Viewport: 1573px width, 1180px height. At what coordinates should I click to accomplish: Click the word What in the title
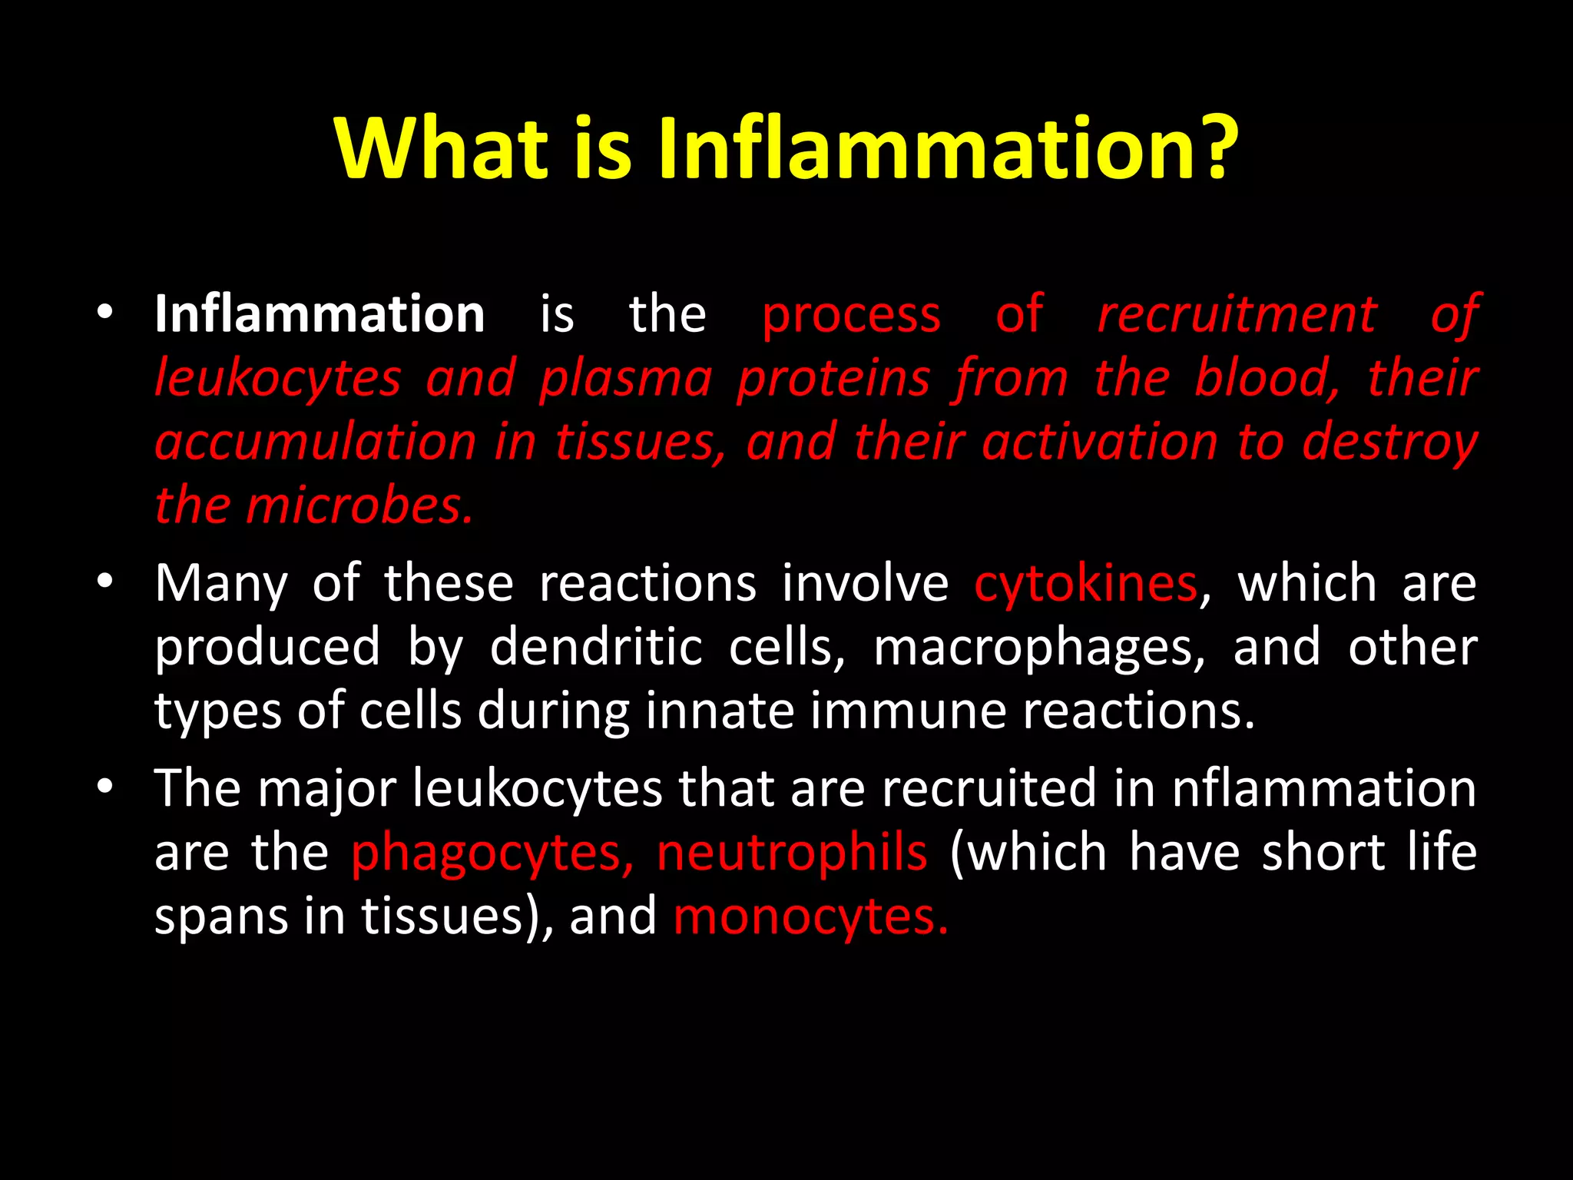click(441, 147)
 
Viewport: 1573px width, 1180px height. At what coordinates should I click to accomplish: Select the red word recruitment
click(1237, 314)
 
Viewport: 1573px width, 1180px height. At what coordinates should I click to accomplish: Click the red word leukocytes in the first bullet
click(278, 380)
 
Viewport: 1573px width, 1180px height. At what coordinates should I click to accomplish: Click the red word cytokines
click(1085, 584)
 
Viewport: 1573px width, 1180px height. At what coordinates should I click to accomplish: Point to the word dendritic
click(596, 647)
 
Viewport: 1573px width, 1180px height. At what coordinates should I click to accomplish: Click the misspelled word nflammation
click(1323, 789)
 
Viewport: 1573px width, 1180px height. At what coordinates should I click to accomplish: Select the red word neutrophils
click(792, 853)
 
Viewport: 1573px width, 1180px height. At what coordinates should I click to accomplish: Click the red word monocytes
click(810, 916)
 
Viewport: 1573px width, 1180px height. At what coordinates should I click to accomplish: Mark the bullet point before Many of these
click(105, 582)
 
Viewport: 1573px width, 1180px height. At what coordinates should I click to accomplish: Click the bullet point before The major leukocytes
click(105, 787)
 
